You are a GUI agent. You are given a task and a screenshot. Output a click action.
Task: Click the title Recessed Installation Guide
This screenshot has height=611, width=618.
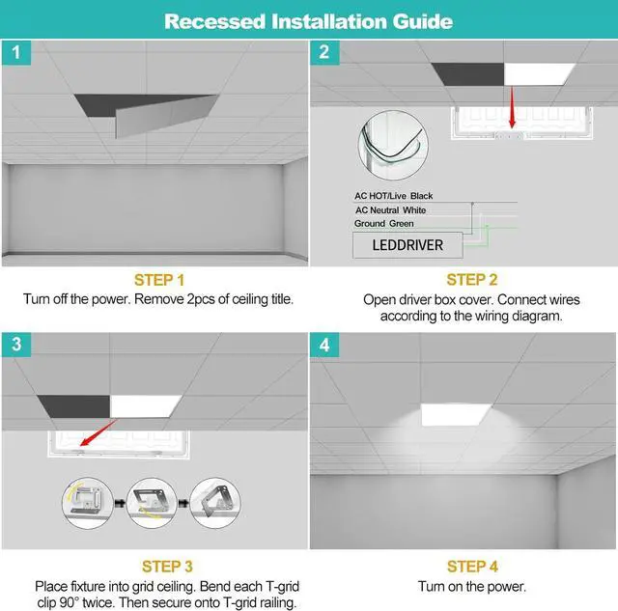(x=308, y=19)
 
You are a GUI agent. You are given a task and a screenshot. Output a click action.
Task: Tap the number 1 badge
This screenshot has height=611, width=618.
(x=14, y=53)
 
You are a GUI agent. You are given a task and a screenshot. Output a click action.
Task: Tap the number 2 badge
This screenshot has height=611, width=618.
(x=323, y=53)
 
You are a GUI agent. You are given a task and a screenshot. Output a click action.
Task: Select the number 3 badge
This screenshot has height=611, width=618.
(x=14, y=345)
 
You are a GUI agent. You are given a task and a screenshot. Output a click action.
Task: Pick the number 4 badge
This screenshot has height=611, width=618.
(x=323, y=345)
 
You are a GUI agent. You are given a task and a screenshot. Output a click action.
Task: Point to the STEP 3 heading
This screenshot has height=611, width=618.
(x=155, y=566)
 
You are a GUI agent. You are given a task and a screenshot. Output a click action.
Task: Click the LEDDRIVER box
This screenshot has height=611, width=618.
(x=407, y=245)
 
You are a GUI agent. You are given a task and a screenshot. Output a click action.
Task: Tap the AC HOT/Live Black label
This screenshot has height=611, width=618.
(x=394, y=196)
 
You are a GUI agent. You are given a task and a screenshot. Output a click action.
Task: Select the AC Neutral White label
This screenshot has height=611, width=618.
(x=390, y=210)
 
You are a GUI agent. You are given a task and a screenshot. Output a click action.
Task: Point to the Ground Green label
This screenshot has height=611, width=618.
(x=384, y=224)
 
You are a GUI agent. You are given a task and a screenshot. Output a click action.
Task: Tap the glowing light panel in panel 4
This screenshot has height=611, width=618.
(x=461, y=413)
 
